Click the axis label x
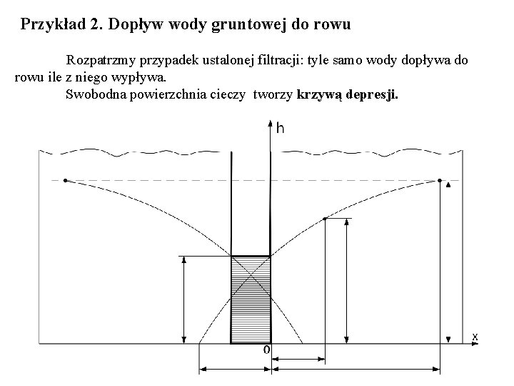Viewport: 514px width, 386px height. point(475,335)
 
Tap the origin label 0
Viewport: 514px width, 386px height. point(266,350)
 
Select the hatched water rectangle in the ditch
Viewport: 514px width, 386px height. point(250,300)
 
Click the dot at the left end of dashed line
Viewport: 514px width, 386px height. point(65,180)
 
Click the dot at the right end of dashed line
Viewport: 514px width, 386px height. point(440,180)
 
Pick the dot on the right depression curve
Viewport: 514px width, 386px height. point(326,218)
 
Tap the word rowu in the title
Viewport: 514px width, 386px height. point(334,25)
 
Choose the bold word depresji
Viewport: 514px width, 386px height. point(378,94)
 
